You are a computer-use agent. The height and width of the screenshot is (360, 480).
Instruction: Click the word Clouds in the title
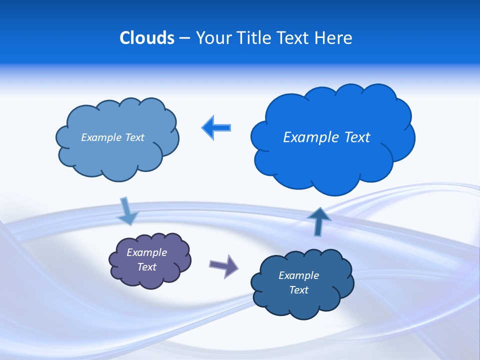147,38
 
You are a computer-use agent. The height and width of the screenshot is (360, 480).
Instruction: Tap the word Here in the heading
334,38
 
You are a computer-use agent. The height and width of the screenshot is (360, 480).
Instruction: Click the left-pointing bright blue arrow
216,128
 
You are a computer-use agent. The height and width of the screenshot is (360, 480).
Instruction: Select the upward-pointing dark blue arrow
318,221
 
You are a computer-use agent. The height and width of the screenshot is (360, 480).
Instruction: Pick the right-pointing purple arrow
223,265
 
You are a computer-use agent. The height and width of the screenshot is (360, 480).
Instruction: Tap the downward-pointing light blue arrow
127,211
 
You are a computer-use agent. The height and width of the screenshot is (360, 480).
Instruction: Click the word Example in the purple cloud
146,252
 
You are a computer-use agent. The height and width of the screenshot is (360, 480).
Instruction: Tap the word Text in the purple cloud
146,267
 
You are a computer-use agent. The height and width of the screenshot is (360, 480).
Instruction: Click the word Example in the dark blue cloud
298,275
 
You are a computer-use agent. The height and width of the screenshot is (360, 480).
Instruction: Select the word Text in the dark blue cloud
298,290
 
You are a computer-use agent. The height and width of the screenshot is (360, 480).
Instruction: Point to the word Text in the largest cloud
357,137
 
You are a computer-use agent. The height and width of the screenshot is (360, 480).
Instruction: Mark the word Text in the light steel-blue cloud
134,137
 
